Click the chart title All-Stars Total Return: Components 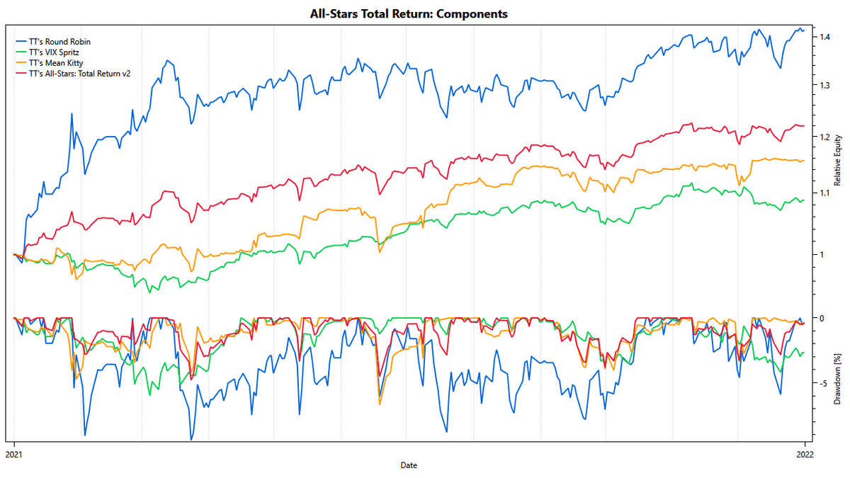click(409, 13)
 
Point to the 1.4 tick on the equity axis click(824, 37)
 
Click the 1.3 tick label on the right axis click(824, 86)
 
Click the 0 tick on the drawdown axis click(822, 318)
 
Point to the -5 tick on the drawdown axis click(823, 383)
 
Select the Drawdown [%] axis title click(837, 380)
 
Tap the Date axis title click(409, 465)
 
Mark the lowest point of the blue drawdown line click(191, 440)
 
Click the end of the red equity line click(804, 125)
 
